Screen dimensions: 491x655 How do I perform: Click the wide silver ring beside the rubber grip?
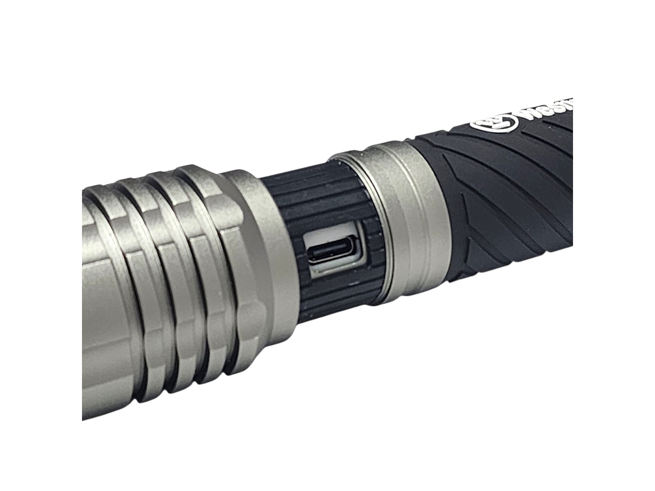[410, 219]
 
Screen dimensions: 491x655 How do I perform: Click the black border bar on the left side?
[41, 245]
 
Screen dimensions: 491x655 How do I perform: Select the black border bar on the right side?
[614, 245]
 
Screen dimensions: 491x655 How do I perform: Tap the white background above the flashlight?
[273, 68]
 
